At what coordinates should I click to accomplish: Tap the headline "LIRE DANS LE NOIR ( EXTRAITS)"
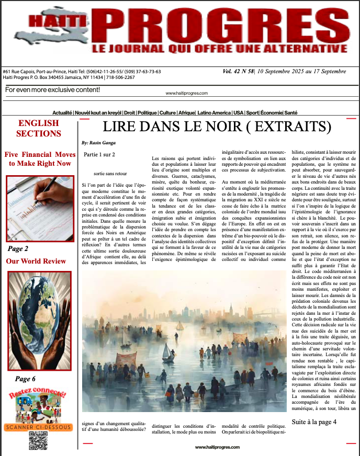(217, 127)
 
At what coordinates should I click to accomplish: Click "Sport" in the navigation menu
(252, 113)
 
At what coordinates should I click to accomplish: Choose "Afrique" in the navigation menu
(186, 113)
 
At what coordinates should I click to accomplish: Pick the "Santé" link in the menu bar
(291, 113)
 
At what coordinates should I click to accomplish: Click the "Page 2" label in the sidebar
(19, 249)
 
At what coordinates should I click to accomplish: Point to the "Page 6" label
(26, 379)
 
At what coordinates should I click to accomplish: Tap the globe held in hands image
(39, 320)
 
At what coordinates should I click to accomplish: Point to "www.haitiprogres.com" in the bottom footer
(217, 448)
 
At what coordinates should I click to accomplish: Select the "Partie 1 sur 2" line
(99, 155)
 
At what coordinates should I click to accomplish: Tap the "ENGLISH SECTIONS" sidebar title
(39, 128)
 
